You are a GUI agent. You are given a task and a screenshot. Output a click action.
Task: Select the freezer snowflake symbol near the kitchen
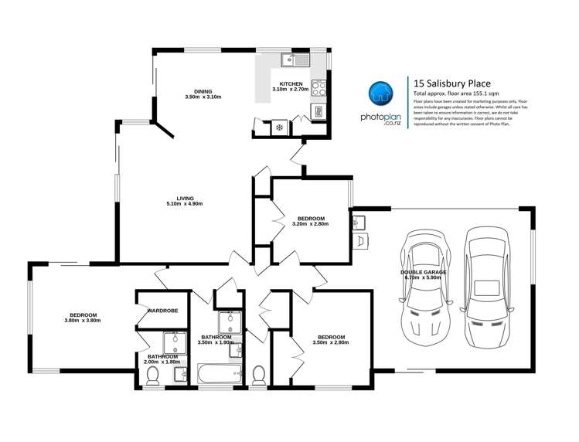pyautogui.click(x=279, y=126)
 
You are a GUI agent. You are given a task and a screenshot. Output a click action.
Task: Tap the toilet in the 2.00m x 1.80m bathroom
pyautogui.click(x=153, y=376)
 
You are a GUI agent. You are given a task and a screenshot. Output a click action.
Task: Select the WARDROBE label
pyautogui.click(x=162, y=311)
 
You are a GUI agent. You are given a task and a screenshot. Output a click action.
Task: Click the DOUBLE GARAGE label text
pyautogui.click(x=421, y=272)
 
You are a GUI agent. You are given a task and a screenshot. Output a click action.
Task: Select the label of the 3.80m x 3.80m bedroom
pyautogui.click(x=83, y=314)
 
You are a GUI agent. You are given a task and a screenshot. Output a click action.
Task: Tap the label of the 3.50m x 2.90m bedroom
pyautogui.click(x=331, y=338)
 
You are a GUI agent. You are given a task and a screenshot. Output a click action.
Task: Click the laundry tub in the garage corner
pyautogui.click(x=358, y=223)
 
